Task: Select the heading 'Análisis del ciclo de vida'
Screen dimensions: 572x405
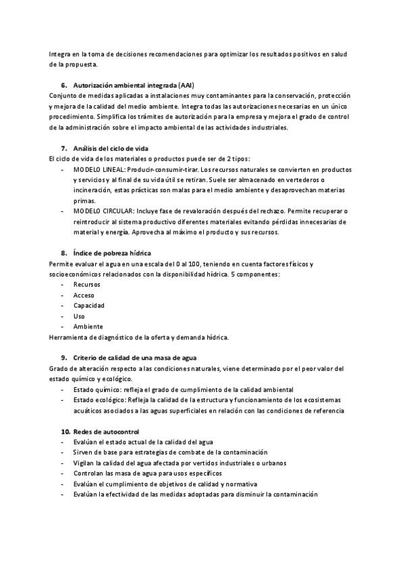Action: [110, 148]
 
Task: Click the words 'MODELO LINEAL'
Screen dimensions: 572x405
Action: [97, 170]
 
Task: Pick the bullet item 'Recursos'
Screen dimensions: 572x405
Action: [86, 285]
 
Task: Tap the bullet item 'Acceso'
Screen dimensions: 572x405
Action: [84, 295]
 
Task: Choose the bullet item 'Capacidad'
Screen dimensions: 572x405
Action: [88, 306]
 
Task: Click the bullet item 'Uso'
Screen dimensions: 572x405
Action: [79, 316]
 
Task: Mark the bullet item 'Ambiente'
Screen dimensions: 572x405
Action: [87, 326]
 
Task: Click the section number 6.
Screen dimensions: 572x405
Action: [63, 86]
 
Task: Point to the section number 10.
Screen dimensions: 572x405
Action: [65, 431]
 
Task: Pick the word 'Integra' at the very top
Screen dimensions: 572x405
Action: [59, 55]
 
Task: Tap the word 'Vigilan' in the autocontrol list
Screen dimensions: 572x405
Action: [84, 463]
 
